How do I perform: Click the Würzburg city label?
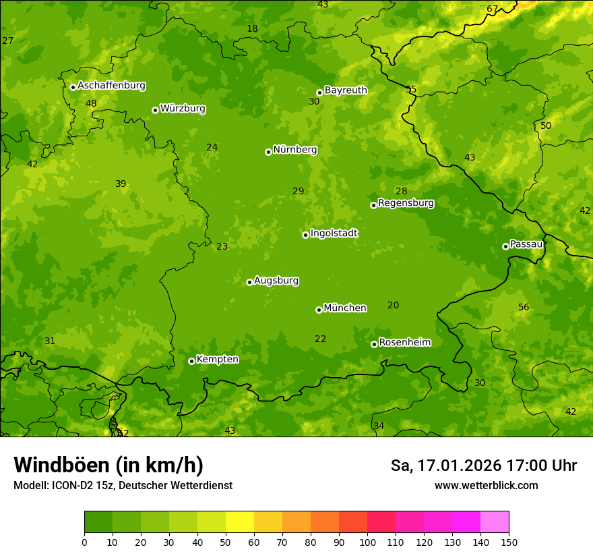click(x=183, y=109)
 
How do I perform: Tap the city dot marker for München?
click(x=319, y=310)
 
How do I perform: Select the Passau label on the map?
click(x=526, y=244)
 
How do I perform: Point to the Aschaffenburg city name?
click(x=111, y=86)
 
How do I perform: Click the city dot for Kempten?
click(x=191, y=361)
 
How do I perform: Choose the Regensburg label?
click(x=406, y=203)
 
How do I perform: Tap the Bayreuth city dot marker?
click(x=319, y=92)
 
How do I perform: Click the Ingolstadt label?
click(x=334, y=233)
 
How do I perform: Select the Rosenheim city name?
click(x=404, y=343)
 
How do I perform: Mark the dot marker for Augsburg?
click(x=249, y=282)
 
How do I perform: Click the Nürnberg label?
click(x=294, y=150)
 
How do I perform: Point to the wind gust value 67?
click(x=492, y=9)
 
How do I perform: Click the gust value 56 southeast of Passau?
click(x=524, y=308)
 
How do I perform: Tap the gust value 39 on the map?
click(x=121, y=184)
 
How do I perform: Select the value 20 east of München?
click(x=393, y=306)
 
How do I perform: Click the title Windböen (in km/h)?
click(x=108, y=465)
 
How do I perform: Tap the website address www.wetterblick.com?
click(x=486, y=486)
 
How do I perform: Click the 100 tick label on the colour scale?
click(x=367, y=542)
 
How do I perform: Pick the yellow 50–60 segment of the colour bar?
click(x=240, y=522)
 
